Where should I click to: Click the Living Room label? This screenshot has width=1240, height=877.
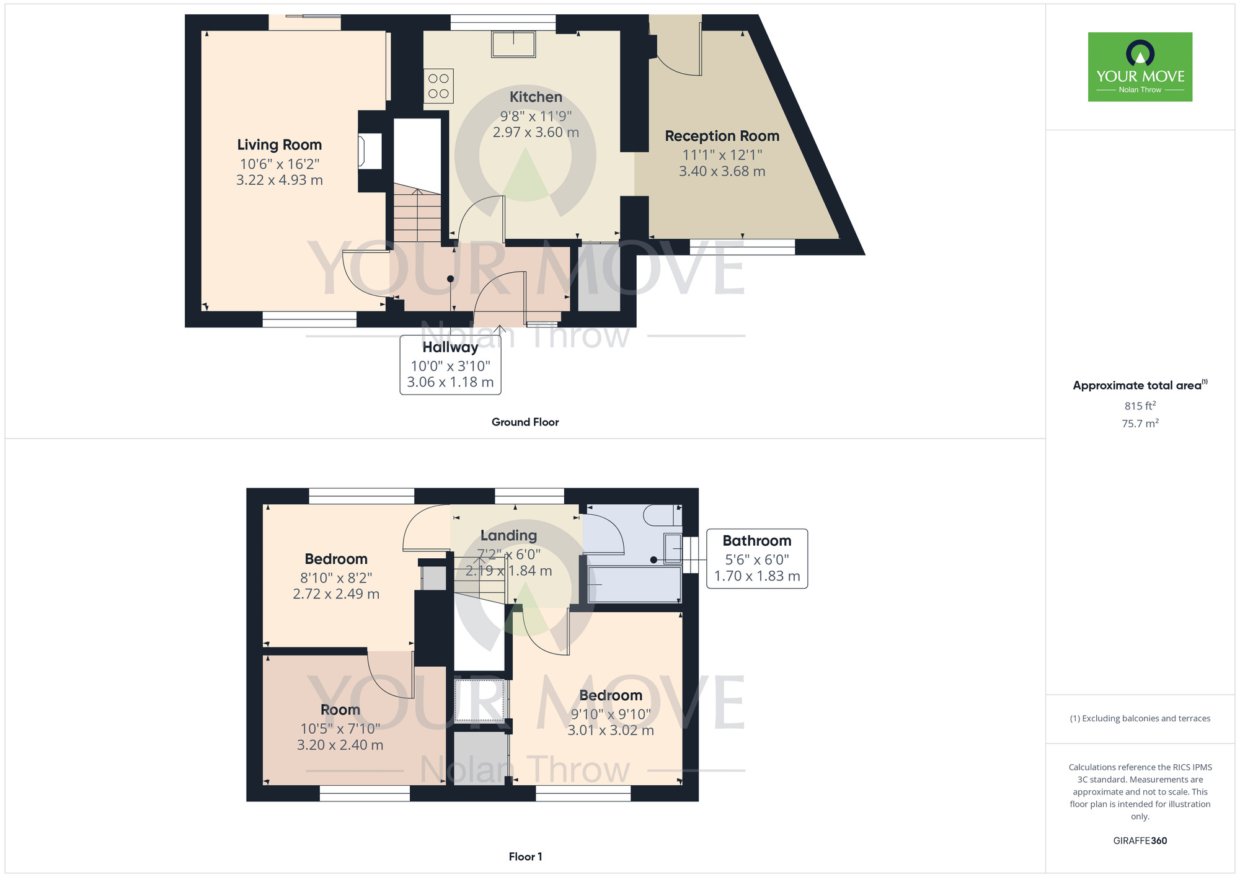(279, 145)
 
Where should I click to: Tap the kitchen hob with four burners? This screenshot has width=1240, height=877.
(438, 86)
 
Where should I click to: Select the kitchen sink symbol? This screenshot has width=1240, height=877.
(513, 45)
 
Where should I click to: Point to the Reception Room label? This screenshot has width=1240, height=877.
(722, 136)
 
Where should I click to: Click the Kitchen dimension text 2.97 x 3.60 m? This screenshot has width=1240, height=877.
(536, 133)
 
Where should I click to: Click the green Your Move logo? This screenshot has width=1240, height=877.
(1140, 67)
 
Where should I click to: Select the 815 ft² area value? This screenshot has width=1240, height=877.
(1140, 406)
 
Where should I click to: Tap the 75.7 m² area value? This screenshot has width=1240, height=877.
(1140, 424)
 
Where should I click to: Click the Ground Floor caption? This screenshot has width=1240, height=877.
(525, 422)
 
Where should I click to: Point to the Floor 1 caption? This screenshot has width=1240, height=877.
(525, 857)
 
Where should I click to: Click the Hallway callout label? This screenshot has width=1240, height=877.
(450, 348)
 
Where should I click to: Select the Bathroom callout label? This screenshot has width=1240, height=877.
(756, 541)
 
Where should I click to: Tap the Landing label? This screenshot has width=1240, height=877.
(508, 536)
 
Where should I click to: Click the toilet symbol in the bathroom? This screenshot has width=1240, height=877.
(661, 515)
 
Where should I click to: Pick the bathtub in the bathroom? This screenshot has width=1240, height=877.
(634, 584)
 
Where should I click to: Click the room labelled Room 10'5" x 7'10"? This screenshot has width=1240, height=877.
(340, 710)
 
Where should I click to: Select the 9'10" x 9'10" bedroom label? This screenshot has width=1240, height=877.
(611, 696)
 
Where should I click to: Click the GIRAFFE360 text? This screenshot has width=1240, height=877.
(1140, 841)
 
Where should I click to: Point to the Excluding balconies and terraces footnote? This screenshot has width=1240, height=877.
(1140, 719)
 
